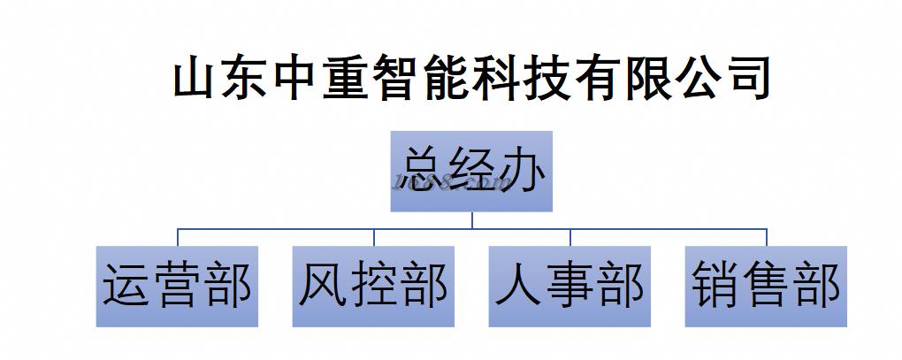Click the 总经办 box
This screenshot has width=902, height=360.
(471, 172)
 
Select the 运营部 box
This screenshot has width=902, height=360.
(177, 287)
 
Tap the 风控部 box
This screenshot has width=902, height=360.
(373, 287)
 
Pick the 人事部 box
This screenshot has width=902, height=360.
(569, 287)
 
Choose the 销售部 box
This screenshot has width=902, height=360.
(766, 287)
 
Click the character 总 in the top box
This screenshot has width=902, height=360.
(422, 171)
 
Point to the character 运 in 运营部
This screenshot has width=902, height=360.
(127, 287)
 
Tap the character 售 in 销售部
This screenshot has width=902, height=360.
(766, 287)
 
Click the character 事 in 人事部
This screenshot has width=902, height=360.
(569, 287)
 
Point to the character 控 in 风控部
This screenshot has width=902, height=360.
(373, 287)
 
